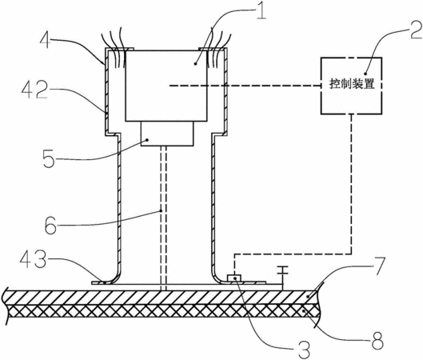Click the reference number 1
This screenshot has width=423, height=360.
coord(261,11)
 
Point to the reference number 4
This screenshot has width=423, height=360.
coord(45,40)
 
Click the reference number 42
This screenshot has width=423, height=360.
coord(34,90)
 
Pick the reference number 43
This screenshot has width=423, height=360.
coord(33,259)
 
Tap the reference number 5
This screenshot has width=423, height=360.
coord(49,159)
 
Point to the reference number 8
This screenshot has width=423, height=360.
coord(377,341)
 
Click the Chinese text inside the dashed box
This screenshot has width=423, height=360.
coord(352,84)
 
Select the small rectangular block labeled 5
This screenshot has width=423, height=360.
coord(167,134)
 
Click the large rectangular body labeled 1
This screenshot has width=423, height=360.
coord(166,86)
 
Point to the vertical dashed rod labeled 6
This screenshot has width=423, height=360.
coord(163,218)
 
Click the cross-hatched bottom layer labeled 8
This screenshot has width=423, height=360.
coord(162,310)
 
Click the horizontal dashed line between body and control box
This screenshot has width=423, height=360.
coord(245,86)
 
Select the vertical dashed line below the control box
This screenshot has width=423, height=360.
coord(351,184)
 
